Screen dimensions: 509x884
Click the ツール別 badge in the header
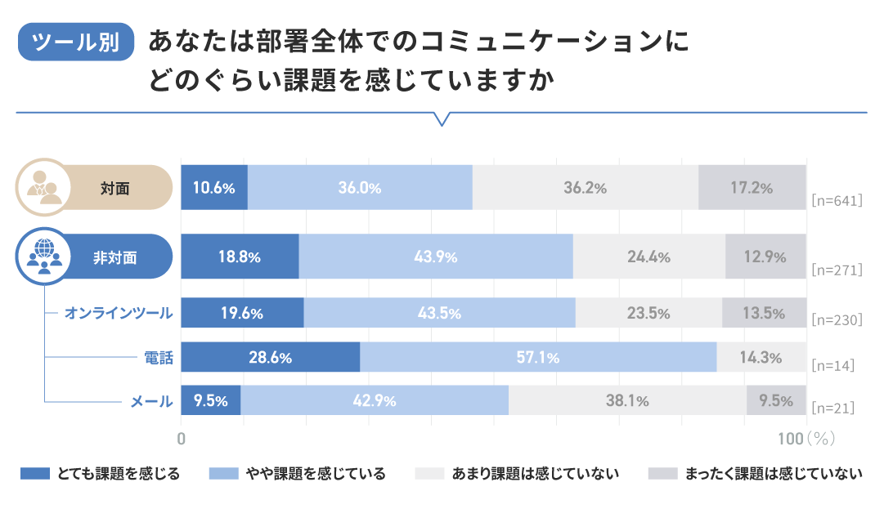[76, 42]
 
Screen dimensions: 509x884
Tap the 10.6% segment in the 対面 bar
[214, 187]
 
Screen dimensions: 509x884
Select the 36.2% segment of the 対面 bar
[586, 187]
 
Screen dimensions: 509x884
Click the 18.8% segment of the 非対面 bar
[240, 257]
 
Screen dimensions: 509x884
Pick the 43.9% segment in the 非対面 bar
[436, 257]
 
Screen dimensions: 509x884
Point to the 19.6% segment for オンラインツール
[242, 313]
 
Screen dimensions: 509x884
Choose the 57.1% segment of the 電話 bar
[538, 357]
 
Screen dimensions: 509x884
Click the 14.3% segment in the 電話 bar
[761, 357]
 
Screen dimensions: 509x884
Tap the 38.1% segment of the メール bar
[627, 400]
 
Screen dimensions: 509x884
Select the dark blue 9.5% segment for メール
[210, 400]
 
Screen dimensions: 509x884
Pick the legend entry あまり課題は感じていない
[518, 474]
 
